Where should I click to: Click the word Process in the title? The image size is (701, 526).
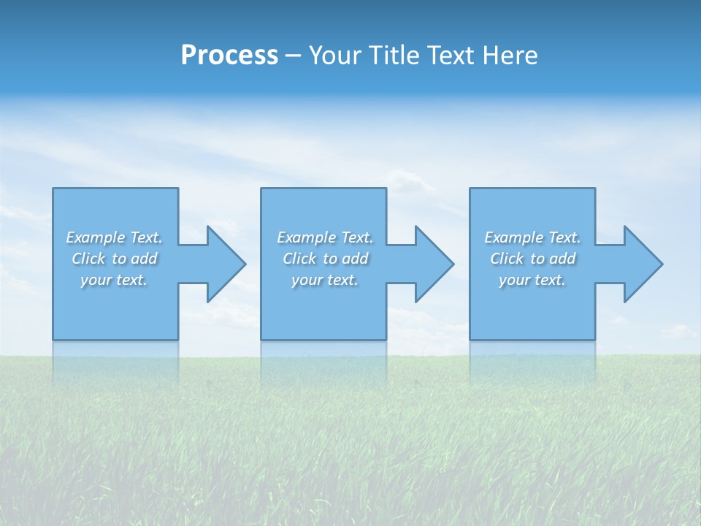tap(229, 56)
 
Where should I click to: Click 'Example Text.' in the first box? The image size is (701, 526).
tap(114, 237)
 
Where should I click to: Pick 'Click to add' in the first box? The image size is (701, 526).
tap(114, 259)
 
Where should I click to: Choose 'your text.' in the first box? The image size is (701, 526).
tap(114, 280)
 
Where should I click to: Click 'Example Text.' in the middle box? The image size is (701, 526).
tap(325, 237)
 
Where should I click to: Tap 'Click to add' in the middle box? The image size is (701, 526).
tap(325, 259)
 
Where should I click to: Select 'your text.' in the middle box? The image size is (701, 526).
tap(325, 280)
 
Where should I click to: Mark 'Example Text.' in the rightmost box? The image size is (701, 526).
tap(532, 237)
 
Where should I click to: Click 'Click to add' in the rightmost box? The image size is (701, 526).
tap(532, 259)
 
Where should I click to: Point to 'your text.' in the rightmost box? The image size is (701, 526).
tap(532, 280)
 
